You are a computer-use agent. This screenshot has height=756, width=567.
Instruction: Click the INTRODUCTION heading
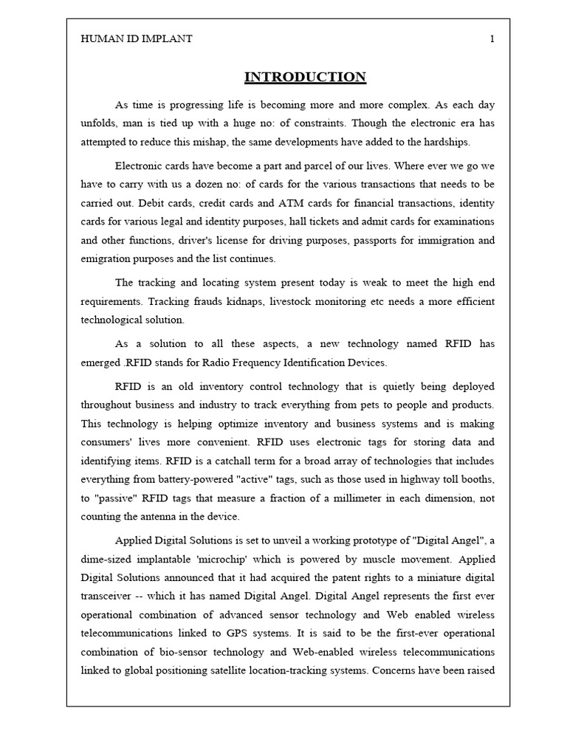[305, 77]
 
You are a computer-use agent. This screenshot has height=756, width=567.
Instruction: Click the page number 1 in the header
[492, 39]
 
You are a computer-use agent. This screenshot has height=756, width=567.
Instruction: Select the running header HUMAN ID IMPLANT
[137, 39]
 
